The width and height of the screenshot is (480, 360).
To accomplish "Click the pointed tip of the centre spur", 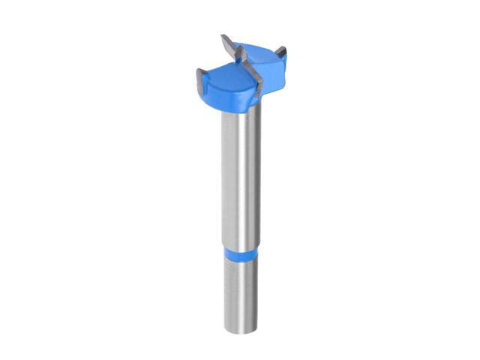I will (223, 35).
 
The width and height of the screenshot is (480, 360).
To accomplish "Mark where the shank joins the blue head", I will (238, 112).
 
